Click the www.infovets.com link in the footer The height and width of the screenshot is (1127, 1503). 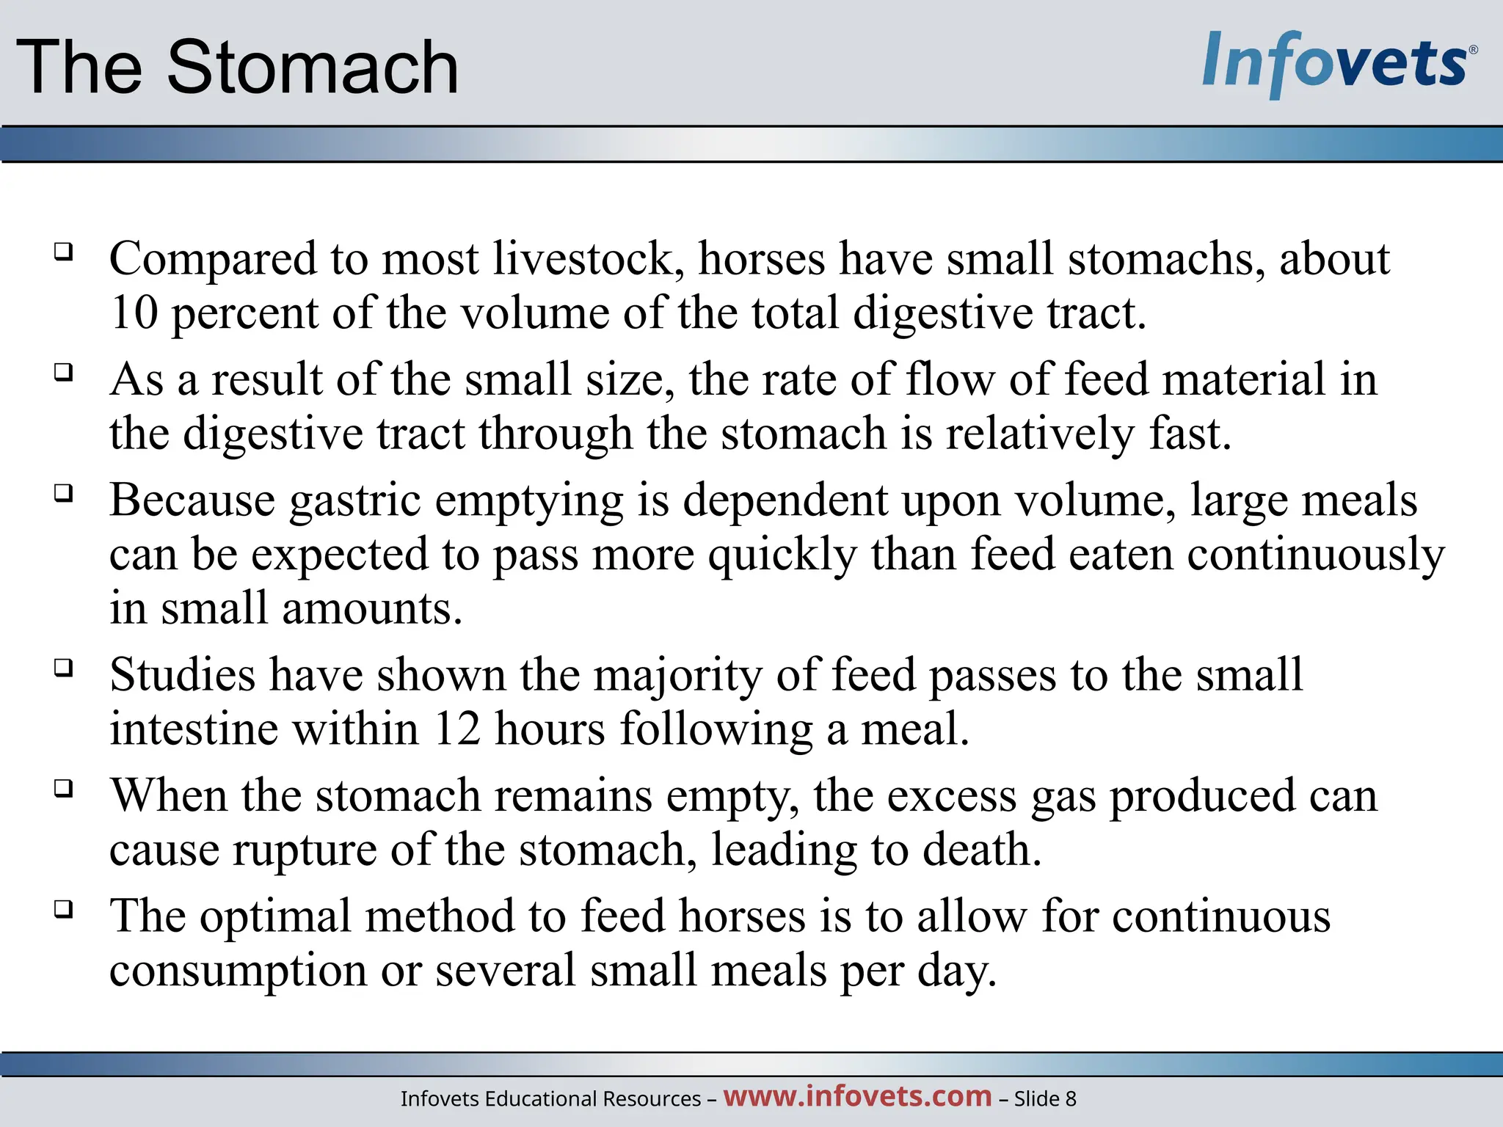[857, 1096]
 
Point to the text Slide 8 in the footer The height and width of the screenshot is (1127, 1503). [1045, 1098]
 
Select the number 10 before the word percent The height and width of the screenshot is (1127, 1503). [134, 313]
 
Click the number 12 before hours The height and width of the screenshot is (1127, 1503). [456, 729]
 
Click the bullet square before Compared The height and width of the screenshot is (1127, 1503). [64, 252]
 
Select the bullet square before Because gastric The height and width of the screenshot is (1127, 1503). [64, 493]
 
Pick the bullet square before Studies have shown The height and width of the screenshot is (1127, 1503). [64, 668]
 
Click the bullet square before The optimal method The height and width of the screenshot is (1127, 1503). [64, 910]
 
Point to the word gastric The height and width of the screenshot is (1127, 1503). [355, 502]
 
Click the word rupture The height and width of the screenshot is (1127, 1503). [305, 850]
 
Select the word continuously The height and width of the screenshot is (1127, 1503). [1315, 555]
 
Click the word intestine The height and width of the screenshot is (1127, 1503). [194, 729]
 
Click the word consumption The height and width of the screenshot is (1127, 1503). [238, 971]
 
